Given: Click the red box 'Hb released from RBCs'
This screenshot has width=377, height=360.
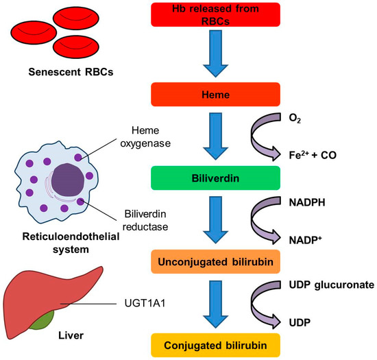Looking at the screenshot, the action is (x=215, y=14).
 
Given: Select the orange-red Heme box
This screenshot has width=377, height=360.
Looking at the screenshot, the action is (x=215, y=95).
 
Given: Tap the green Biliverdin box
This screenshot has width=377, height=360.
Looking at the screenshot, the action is (x=215, y=178).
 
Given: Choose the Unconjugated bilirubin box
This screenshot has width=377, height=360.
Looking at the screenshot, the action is (x=215, y=262).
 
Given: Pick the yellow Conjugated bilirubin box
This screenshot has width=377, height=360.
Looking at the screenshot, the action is (x=215, y=346).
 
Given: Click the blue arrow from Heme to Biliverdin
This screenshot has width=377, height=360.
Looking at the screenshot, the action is (x=215, y=136).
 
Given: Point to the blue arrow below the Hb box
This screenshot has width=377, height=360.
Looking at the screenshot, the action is (x=215, y=53).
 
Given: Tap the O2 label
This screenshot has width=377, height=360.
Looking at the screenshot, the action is (x=295, y=119).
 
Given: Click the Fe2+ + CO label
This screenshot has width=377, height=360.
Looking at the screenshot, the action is (x=313, y=155).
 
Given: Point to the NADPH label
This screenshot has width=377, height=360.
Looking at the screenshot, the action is (x=307, y=202).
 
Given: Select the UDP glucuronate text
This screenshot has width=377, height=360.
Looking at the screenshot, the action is (x=332, y=285).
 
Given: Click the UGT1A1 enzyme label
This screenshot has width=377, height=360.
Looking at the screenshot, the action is (x=145, y=303).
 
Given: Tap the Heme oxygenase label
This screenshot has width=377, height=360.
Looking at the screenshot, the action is (x=145, y=137).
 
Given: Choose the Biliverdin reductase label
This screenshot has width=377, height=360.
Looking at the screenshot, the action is (x=145, y=221).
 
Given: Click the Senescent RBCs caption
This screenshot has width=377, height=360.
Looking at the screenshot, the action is (x=71, y=72).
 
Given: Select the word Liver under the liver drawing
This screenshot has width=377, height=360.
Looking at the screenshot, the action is (x=71, y=335).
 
